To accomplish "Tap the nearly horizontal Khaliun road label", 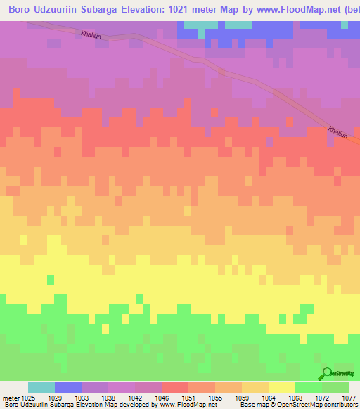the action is (91, 34).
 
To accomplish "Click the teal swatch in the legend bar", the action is (41, 387).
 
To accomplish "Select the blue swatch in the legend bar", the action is (68, 387).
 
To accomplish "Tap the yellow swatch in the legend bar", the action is (282, 387).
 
